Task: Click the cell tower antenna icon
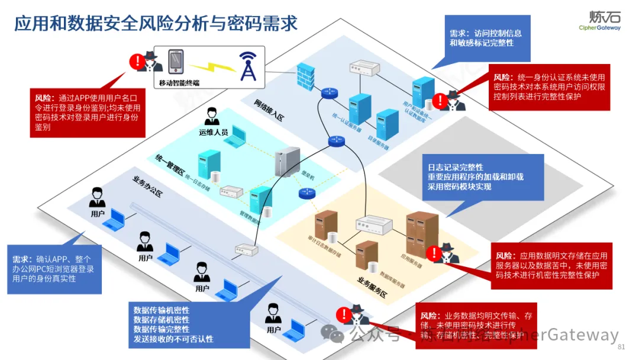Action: (x=247, y=66)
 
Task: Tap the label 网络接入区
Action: (x=269, y=110)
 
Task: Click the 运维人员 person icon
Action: (x=212, y=117)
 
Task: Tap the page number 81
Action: (x=621, y=346)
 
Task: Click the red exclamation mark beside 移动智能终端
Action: (x=137, y=60)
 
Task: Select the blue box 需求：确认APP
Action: (x=53, y=269)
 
